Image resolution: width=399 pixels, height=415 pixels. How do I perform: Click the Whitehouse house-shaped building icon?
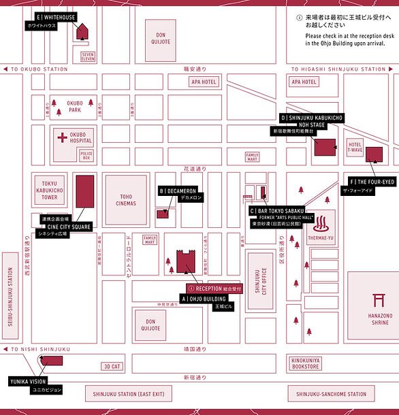click(84, 32)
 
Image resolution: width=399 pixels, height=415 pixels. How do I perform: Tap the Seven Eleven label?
click(88, 56)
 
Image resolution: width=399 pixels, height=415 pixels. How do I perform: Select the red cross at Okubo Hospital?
click(63, 137)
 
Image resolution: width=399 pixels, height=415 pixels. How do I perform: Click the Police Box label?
click(86, 156)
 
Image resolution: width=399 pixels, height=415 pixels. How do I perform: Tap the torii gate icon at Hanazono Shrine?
click(379, 300)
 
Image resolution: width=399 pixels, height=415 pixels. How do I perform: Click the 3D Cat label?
click(112, 366)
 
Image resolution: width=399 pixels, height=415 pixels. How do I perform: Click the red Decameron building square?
click(163, 214)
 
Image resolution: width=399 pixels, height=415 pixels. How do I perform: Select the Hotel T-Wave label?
click(355, 148)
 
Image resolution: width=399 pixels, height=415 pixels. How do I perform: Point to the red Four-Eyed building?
click(373, 154)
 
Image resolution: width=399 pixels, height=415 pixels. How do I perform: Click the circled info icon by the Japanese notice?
click(298, 17)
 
